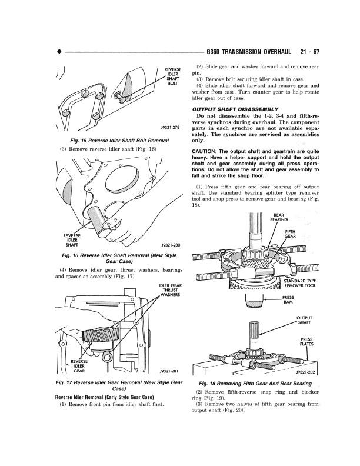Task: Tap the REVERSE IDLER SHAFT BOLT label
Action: click(173, 76)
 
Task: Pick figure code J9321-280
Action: click(169, 244)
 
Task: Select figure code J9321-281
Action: click(169, 371)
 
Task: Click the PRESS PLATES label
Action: click(306, 342)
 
